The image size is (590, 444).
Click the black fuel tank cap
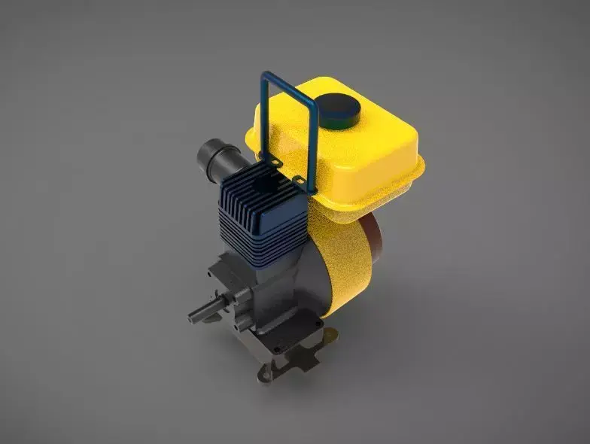337,110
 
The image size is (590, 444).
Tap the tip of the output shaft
192,316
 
